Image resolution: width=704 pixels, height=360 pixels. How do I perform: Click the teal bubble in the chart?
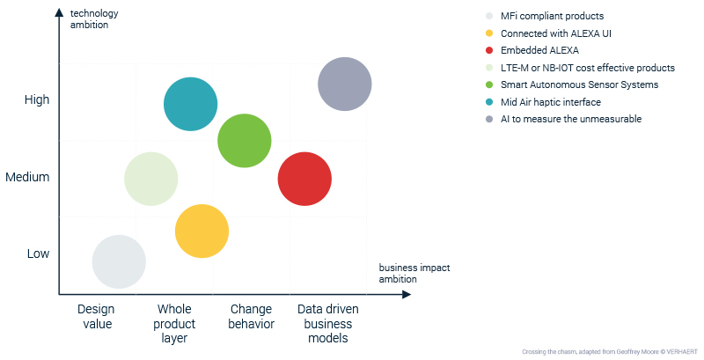point(191,104)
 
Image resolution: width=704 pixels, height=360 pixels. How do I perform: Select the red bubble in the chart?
point(304,179)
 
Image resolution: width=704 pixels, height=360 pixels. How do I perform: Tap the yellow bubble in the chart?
point(202,231)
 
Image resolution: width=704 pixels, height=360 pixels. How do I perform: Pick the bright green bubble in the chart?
point(245,141)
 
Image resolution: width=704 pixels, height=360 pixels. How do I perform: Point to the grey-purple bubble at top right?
point(345,84)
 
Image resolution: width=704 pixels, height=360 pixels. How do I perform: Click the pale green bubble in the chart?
point(151,179)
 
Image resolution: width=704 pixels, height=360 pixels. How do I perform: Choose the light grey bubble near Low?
point(119,261)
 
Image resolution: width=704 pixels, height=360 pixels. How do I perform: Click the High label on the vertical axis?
point(37,99)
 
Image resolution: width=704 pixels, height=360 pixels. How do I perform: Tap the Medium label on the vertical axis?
point(27,177)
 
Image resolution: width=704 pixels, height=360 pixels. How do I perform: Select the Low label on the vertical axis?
point(38,253)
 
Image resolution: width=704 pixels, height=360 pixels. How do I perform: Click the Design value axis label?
point(97,317)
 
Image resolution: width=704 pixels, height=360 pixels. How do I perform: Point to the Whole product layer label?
point(174,324)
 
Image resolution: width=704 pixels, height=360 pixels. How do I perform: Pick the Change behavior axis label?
point(251,317)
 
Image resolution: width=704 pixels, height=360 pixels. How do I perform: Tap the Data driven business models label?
point(328,324)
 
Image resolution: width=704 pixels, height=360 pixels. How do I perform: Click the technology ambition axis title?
point(94,18)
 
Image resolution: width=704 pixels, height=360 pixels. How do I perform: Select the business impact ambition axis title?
point(414,274)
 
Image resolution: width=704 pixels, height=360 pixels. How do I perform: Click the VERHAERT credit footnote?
point(610,352)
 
